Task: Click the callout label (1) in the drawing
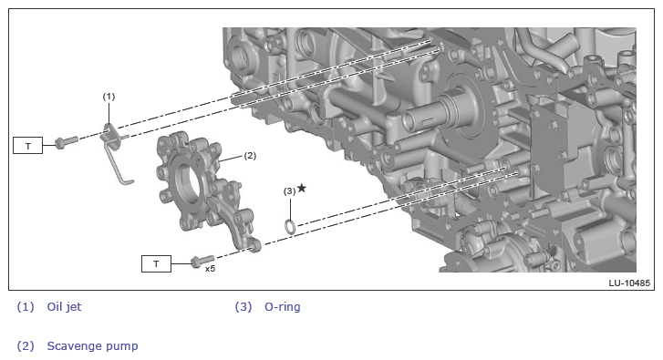click(109, 97)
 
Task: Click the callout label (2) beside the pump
click(250, 156)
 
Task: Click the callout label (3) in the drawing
click(289, 191)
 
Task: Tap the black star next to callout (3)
click(302, 188)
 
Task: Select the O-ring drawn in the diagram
click(290, 226)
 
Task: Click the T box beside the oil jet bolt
click(28, 145)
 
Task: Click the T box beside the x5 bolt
click(156, 264)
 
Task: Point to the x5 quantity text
click(210, 269)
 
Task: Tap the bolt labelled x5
click(202, 261)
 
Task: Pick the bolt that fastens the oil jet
click(67, 142)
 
